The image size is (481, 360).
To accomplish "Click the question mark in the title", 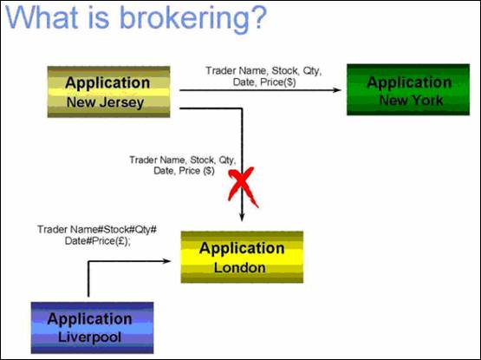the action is pyautogui.click(x=256, y=16).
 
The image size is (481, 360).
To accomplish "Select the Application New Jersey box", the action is pyautogui.click(x=108, y=92).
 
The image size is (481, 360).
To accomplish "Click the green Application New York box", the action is pyautogui.click(x=408, y=89).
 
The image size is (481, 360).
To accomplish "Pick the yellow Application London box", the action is pyautogui.click(x=242, y=257).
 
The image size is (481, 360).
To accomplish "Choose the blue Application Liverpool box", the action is pyautogui.click(x=92, y=328).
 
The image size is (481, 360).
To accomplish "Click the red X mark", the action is pyautogui.click(x=243, y=187).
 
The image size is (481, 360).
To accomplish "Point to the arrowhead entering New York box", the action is pyautogui.click(x=337, y=90).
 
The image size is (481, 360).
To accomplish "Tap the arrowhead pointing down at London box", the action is pyautogui.click(x=242, y=217).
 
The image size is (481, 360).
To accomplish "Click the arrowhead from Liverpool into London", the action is pyautogui.click(x=166, y=261).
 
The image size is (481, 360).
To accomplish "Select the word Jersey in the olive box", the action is pyautogui.click(x=126, y=103).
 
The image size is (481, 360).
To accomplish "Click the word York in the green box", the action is pyautogui.click(x=427, y=100).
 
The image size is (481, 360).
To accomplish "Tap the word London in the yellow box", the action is pyautogui.click(x=240, y=268).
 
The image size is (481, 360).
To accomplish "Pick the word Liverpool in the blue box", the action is pyautogui.click(x=89, y=337).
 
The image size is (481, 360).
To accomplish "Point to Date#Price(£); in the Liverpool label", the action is pyautogui.click(x=98, y=241).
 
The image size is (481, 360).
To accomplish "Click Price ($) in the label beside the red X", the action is pyautogui.click(x=197, y=171).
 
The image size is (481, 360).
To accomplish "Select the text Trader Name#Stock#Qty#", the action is pyautogui.click(x=97, y=230).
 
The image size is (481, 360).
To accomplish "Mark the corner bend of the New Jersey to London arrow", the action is pyautogui.click(x=242, y=108).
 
